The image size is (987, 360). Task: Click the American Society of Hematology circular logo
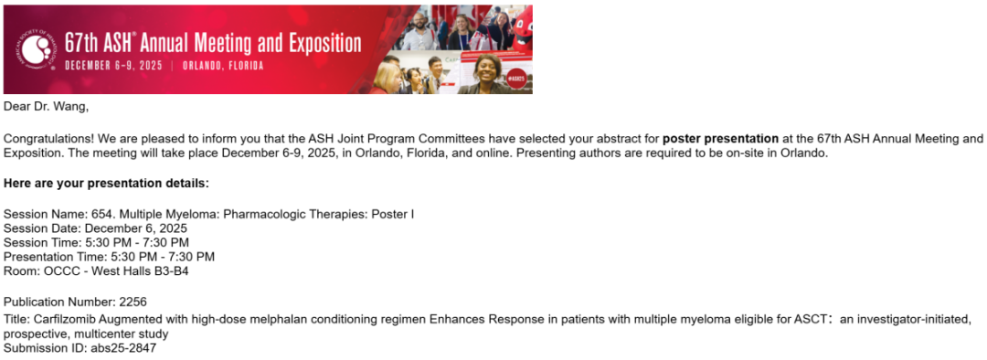(x=38, y=49)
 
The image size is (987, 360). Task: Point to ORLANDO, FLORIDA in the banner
(x=223, y=66)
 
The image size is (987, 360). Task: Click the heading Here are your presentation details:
(x=106, y=184)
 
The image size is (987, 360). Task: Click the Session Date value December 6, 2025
(x=135, y=228)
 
